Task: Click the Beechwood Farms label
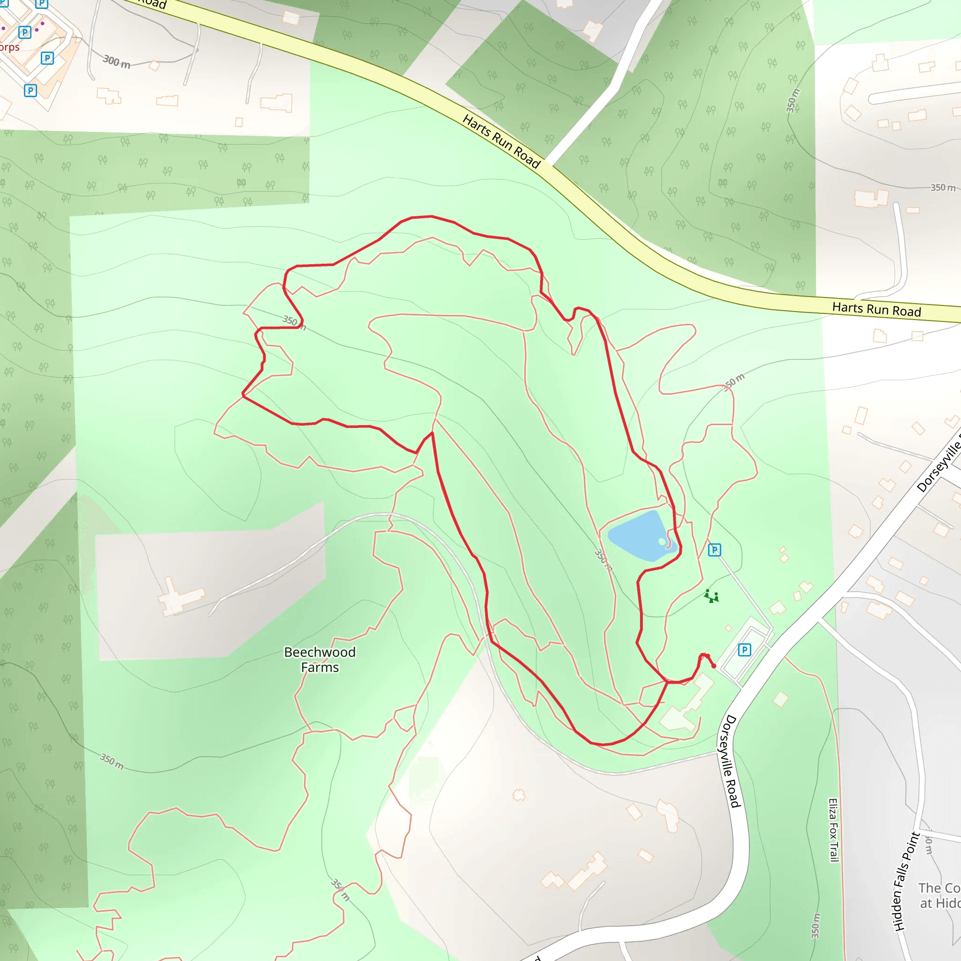[x=320, y=659]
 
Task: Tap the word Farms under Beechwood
[x=320, y=668]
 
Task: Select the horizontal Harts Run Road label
[x=877, y=309]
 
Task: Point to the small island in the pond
[x=662, y=541]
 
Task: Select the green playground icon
[x=711, y=596]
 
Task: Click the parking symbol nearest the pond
[x=714, y=549]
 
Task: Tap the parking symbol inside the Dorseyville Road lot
[x=744, y=649]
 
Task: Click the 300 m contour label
[x=116, y=62]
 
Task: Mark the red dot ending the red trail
[x=714, y=666]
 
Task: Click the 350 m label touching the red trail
[x=294, y=322]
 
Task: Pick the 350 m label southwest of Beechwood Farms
[x=112, y=762]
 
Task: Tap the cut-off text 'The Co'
[x=938, y=888]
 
